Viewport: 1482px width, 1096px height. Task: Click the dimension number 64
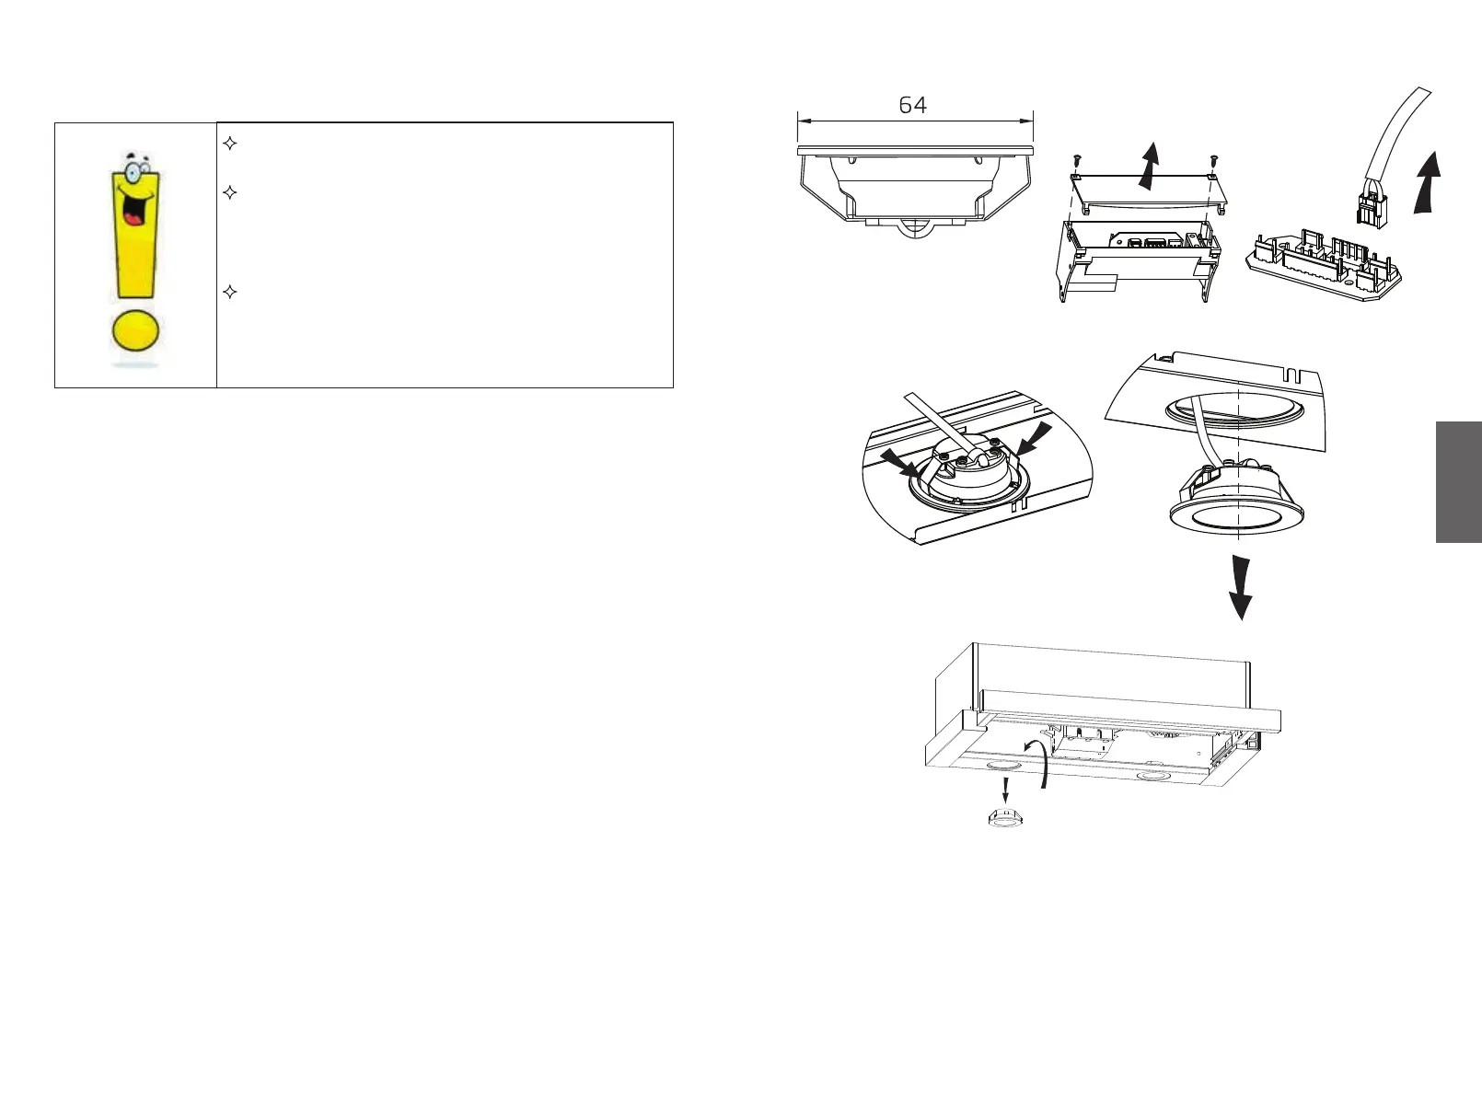point(912,106)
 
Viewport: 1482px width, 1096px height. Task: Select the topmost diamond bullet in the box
point(231,144)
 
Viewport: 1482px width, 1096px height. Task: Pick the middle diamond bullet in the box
point(231,193)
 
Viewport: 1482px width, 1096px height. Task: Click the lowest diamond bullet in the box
point(231,293)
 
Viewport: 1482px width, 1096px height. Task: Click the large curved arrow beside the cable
point(1426,182)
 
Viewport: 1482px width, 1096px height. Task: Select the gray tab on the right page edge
point(1458,482)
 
